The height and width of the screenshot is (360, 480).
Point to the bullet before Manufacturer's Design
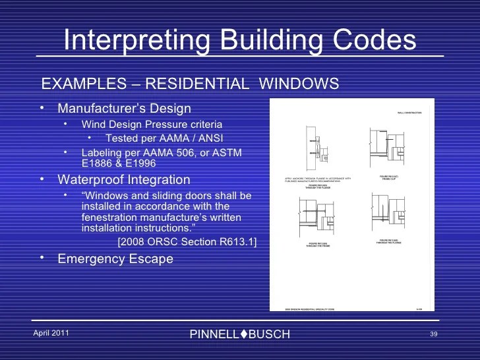(42, 108)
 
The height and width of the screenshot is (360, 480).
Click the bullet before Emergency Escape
(42, 258)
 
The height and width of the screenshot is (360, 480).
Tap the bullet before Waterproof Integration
(42, 179)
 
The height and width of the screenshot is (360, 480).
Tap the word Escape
(150, 259)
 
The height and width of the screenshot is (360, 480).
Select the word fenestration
(112, 218)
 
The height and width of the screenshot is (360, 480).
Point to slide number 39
(433, 334)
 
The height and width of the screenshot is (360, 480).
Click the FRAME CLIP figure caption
(389, 178)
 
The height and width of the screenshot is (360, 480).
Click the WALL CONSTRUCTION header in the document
(409, 113)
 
